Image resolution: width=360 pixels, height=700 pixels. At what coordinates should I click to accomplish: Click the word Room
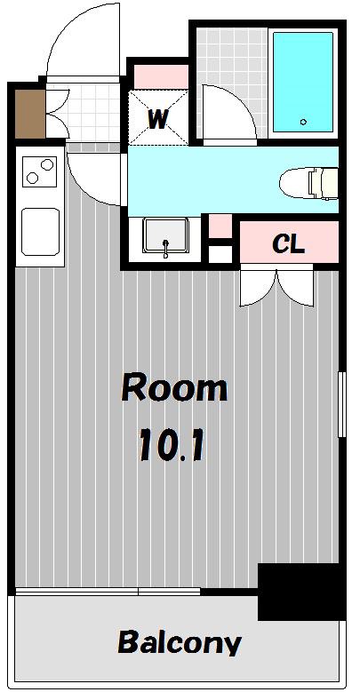click(174, 387)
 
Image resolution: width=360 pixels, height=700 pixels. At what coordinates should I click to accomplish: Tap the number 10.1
click(172, 444)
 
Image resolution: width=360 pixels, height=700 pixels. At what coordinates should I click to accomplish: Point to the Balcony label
click(180, 642)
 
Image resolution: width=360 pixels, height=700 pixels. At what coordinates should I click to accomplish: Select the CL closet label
click(288, 243)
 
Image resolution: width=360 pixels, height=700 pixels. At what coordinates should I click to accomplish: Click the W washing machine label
click(158, 119)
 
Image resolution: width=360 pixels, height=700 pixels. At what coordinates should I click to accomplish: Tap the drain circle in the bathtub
click(304, 122)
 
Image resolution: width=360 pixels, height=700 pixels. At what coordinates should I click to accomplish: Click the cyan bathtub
click(303, 82)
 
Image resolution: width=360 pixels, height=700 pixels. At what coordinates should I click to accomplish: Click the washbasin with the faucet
click(164, 236)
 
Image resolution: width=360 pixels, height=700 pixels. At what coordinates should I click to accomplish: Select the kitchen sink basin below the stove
click(40, 232)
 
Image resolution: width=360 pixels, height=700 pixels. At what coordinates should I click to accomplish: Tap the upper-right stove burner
click(46, 164)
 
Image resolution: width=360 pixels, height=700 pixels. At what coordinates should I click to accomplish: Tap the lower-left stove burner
click(32, 178)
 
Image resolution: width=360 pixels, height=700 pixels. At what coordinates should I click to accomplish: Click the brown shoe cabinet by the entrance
click(30, 114)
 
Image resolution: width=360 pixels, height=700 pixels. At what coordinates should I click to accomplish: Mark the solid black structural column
click(302, 592)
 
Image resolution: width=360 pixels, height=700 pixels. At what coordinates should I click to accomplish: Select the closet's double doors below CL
click(276, 285)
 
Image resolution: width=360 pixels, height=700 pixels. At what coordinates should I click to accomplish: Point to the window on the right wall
click(341, 404)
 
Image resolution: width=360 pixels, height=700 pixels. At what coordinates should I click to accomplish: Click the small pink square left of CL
click(220, 227)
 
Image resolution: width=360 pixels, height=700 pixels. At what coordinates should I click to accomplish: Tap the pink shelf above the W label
click(161, 76)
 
